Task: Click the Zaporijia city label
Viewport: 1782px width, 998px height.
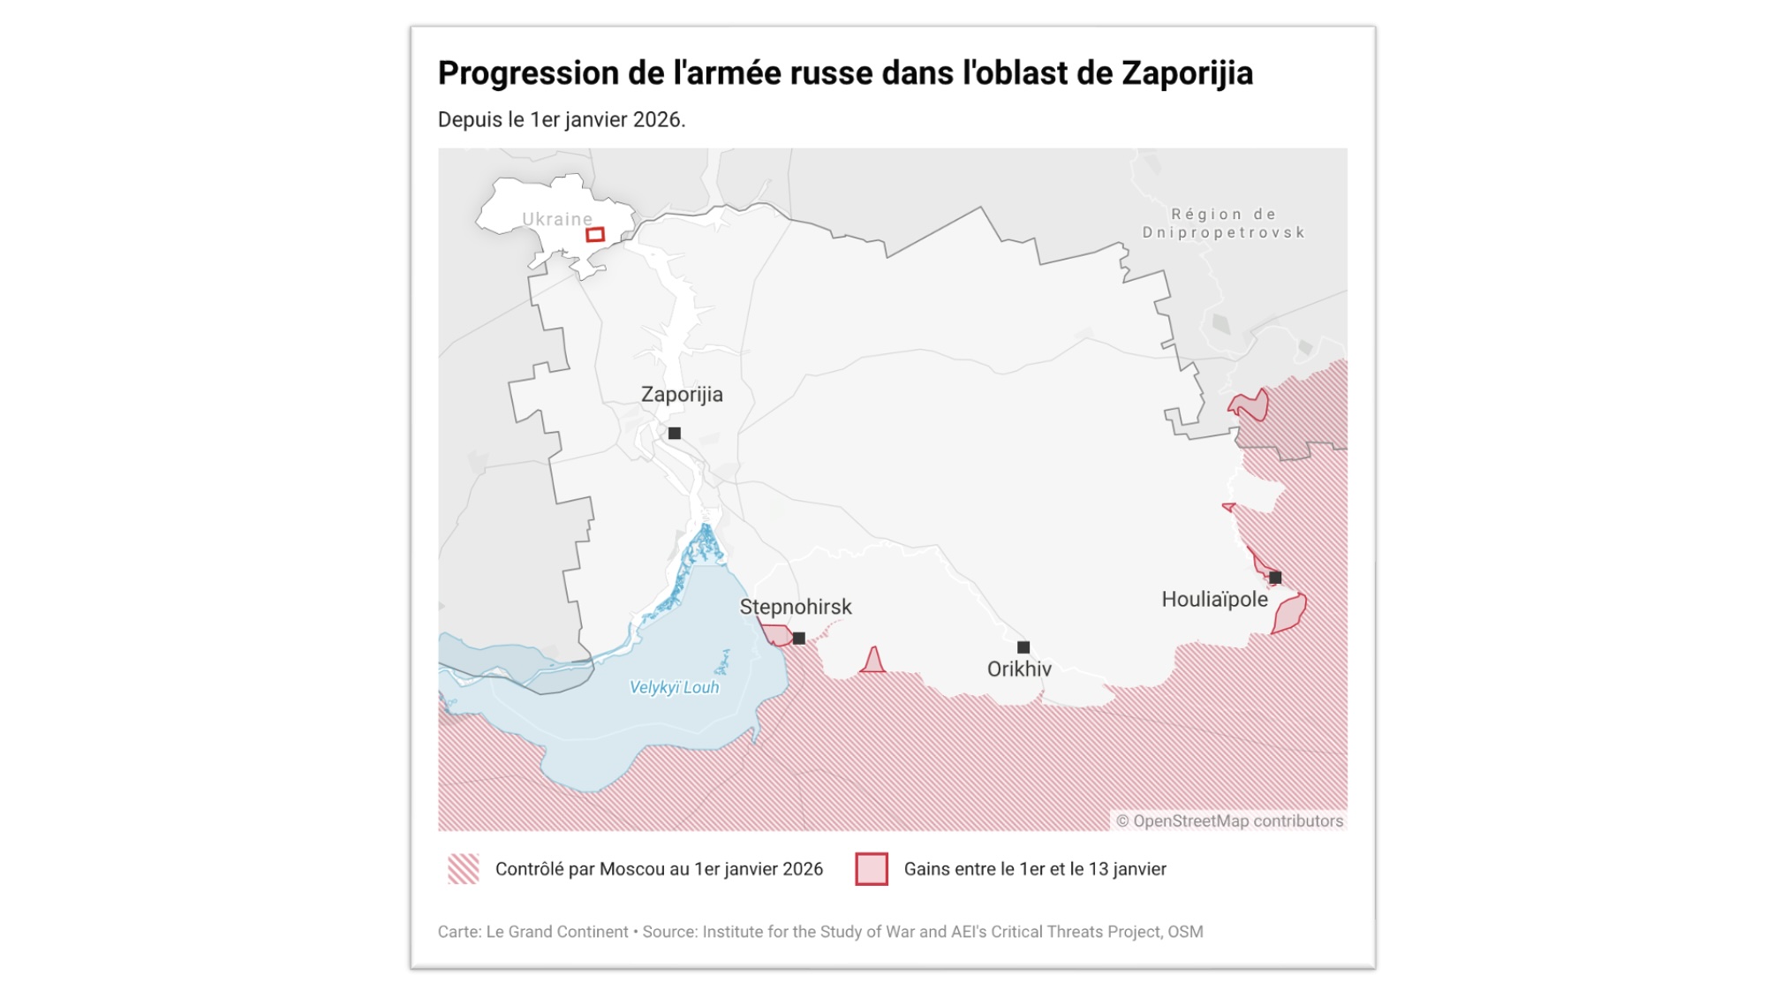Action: (x=682, y=395)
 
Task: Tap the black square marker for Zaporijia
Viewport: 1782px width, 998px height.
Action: (x=675, y=434)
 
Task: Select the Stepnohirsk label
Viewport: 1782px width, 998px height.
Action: (x=796, y=608)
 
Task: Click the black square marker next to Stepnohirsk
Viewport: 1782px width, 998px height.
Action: (x=799, y=639)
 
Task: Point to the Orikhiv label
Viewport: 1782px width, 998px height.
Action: (x=1019, y=669)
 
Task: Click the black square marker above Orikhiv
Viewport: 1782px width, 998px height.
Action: (x=1023, y=647)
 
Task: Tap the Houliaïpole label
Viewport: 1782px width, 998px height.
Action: (x=1214, y=600)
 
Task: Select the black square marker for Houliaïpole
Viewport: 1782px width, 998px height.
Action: (x=1275, y=578)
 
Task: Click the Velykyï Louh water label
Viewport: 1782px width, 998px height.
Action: (x=674, y=688)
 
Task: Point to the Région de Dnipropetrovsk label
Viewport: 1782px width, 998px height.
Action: (x=1223, y=223)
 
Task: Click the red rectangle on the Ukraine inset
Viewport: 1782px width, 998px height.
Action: (x=595, y=235)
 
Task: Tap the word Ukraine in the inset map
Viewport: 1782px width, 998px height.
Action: (x=557, y=219)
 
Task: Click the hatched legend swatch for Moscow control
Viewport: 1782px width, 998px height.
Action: (x=464, y=869)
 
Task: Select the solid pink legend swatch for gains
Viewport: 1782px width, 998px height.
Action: (x=872, y=869)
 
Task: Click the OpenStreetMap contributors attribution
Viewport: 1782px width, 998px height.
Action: (x=1229, y=821)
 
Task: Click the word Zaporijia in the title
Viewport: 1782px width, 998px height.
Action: (x=1187, y=73)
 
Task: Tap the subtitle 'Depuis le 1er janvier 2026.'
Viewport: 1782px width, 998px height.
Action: (x=562, y=120)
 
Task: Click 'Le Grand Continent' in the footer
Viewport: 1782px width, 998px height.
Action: (x=557, y=932)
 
